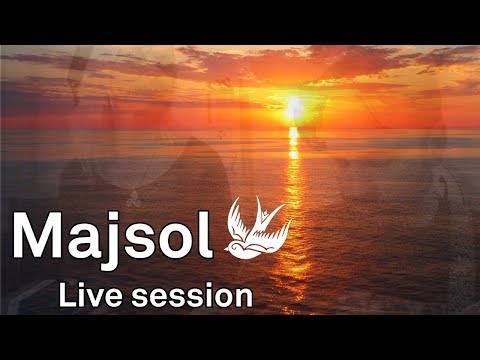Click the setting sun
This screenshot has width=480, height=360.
(x=293, y=105)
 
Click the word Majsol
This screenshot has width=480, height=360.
(x=113, y=236)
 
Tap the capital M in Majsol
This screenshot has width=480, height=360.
(x=38, y=236)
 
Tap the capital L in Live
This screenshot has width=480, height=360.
(x=67, y=295)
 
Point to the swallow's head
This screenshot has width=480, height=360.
(x=237, y=241)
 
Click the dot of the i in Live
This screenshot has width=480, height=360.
(x=82, y=286)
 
